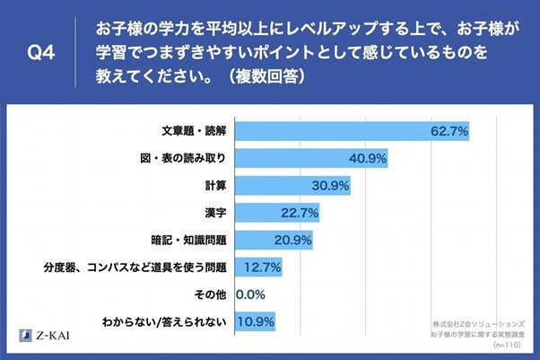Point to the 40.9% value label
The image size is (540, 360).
368,159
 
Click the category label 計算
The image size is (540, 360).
214,186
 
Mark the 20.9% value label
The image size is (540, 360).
293,240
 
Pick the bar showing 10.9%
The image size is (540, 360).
255,320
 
